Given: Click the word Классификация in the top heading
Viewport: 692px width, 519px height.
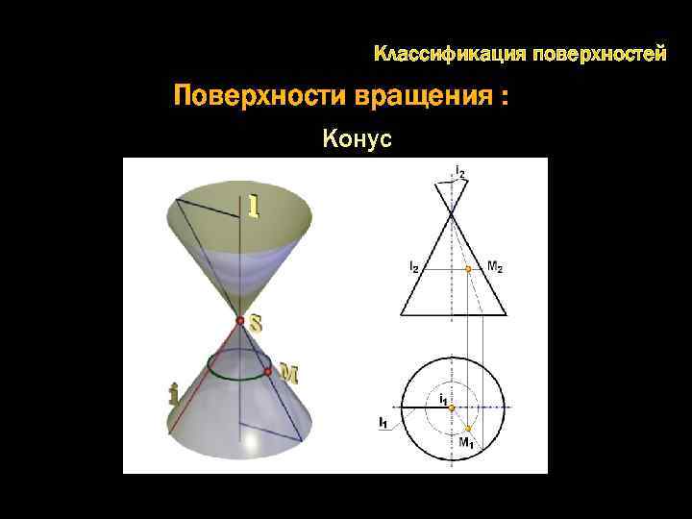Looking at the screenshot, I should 439,54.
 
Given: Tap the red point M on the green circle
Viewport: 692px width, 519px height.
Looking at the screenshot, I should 267,370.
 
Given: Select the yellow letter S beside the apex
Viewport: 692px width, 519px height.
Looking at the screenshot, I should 256,324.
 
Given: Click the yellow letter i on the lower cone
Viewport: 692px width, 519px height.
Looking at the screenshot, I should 173,394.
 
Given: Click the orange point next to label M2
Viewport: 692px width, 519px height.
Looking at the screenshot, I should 468,270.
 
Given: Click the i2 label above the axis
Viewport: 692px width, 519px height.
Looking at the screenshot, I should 461,173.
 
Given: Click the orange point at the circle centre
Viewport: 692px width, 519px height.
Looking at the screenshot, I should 449,407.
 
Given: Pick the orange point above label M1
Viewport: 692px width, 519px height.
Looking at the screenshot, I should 468,427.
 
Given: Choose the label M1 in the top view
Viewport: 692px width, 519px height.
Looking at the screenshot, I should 465,443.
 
